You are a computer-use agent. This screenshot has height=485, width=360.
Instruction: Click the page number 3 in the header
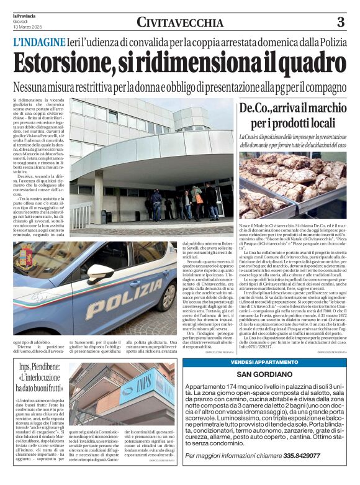[x=340, y=23]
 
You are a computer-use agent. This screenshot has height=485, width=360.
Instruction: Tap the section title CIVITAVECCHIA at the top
[x=180, y=23]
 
